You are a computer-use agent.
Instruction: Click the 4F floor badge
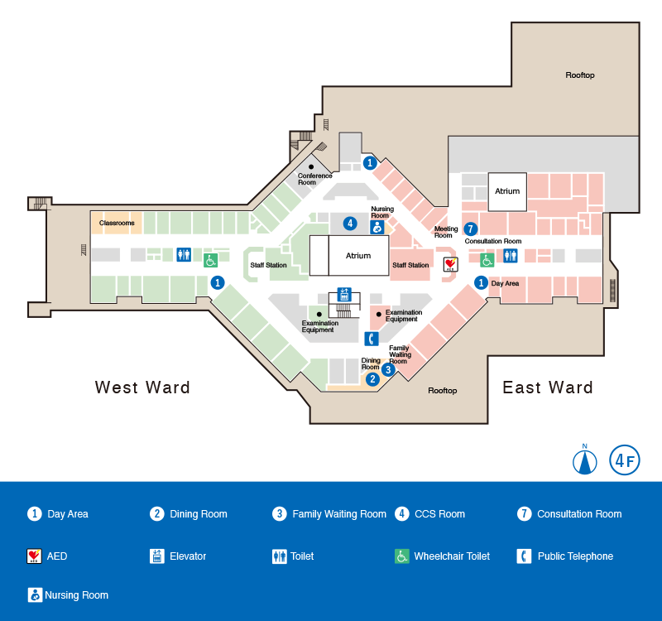click(x=625, y=460)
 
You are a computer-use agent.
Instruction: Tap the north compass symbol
click(x=585, y=461)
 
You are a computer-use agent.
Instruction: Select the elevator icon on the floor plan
click(x=344, y=296)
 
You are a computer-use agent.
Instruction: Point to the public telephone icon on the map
click(x=372, y=338)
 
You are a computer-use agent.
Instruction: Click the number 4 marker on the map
click(x=351, y=224)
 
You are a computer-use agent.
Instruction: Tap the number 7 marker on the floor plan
click(x=471, y=229)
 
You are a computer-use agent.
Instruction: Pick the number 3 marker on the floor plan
click(x=388, y=370)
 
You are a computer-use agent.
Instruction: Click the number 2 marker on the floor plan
click(x=372, y=379)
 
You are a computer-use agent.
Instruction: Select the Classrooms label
click(x=117, y=223)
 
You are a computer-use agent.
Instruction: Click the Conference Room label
click(x=314, y=178)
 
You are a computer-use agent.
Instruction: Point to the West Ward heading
click(x=142, y=388)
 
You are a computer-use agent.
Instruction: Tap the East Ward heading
click(x=548, y=388)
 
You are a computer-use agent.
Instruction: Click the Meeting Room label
click(x=446, y=232)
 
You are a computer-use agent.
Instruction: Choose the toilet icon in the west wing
click(x=184, y=254)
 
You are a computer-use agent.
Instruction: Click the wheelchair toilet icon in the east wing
click(x=487, y=260)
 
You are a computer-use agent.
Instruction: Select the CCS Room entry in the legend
click(x=439, y=514)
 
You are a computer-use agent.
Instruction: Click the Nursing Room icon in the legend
click(x=35, y=595)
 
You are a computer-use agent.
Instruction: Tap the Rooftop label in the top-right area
click(x=580, y=75)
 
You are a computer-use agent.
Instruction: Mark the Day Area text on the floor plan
click(x=505, y=283)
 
